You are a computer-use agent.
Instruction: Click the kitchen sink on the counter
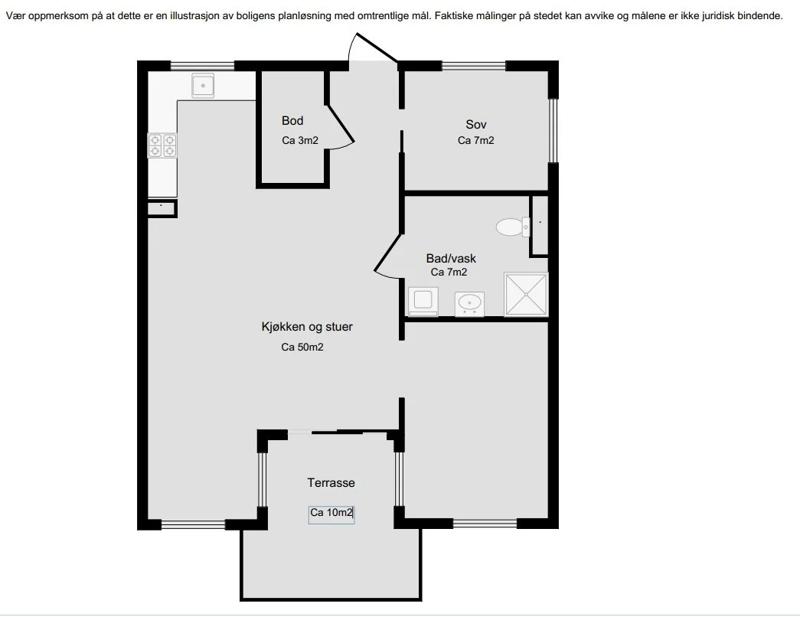click(x=203, y=85)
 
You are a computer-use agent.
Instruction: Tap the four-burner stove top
click(x=162, y=145)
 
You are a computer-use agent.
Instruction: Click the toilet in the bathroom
click(x=513, y=227)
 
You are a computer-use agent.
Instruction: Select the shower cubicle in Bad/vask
click(x=526, y=295)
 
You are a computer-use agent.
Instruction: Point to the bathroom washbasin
click(x=469, y=304)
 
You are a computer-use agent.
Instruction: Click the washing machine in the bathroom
click(x=423, y=302)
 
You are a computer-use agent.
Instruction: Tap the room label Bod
click(x=292, y=120)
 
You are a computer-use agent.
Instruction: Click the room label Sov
click(x=476, y=124)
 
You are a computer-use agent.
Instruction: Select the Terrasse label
click(x=331, y=482)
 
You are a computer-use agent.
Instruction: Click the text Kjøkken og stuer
click(x=307, y=327)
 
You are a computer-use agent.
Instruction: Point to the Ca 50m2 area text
click(x=302, y=347)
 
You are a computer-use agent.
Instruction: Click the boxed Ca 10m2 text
click(x=331, y=512)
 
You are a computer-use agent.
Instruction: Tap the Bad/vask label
click(x=451, y=258)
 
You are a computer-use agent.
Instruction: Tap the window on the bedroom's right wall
click(x=553, y=130)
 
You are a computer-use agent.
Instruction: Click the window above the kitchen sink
click(x=202, y=66)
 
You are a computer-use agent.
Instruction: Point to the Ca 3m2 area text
click(x=300, y=140)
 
